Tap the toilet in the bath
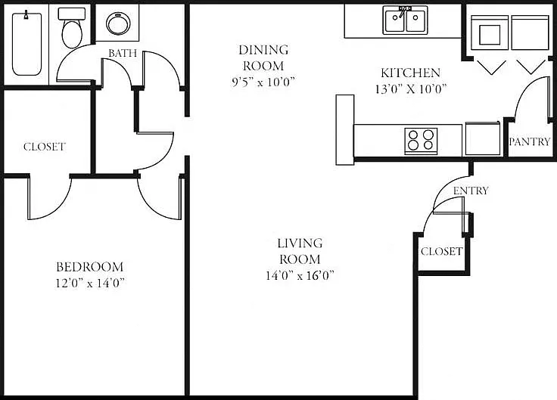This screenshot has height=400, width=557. [72, 28]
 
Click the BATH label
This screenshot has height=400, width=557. [123, 53]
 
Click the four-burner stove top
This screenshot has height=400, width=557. [421, 141]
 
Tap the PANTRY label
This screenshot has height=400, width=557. [529, 141]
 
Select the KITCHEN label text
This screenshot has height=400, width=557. [411, 73]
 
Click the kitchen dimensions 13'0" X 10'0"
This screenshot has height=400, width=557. [411, 88]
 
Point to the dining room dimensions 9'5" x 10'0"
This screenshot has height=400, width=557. [263, 82]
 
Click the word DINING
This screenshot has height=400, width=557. [263, 50]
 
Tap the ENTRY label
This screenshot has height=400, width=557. [471, 191]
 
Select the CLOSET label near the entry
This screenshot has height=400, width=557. [441, 251]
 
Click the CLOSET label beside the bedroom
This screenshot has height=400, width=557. [45, 147]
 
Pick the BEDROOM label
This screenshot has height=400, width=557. [90, 267]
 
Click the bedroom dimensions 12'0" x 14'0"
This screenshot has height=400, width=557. [90, 283]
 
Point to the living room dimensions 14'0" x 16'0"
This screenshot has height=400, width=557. [300, 275]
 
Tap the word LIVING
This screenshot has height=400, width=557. [300, 243]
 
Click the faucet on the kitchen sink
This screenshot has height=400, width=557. [403, 11]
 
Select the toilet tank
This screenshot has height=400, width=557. [72, 14]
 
